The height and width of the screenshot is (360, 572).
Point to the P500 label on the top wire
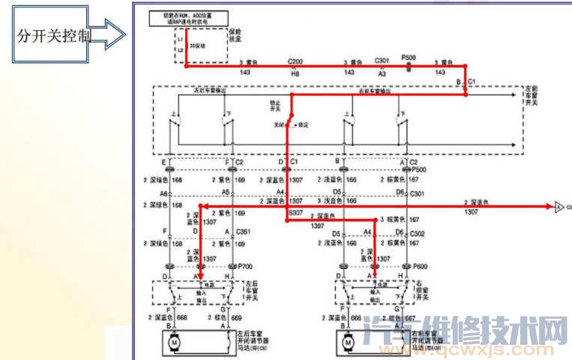(x=409, y=57)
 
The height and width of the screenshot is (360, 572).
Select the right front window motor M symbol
(x=349, y=343)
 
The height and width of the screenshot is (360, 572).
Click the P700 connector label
(x=244, y=266)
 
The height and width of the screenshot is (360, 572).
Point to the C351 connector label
(x=244, y=232)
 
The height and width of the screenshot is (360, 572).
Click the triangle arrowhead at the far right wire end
(x=559, y=205)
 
